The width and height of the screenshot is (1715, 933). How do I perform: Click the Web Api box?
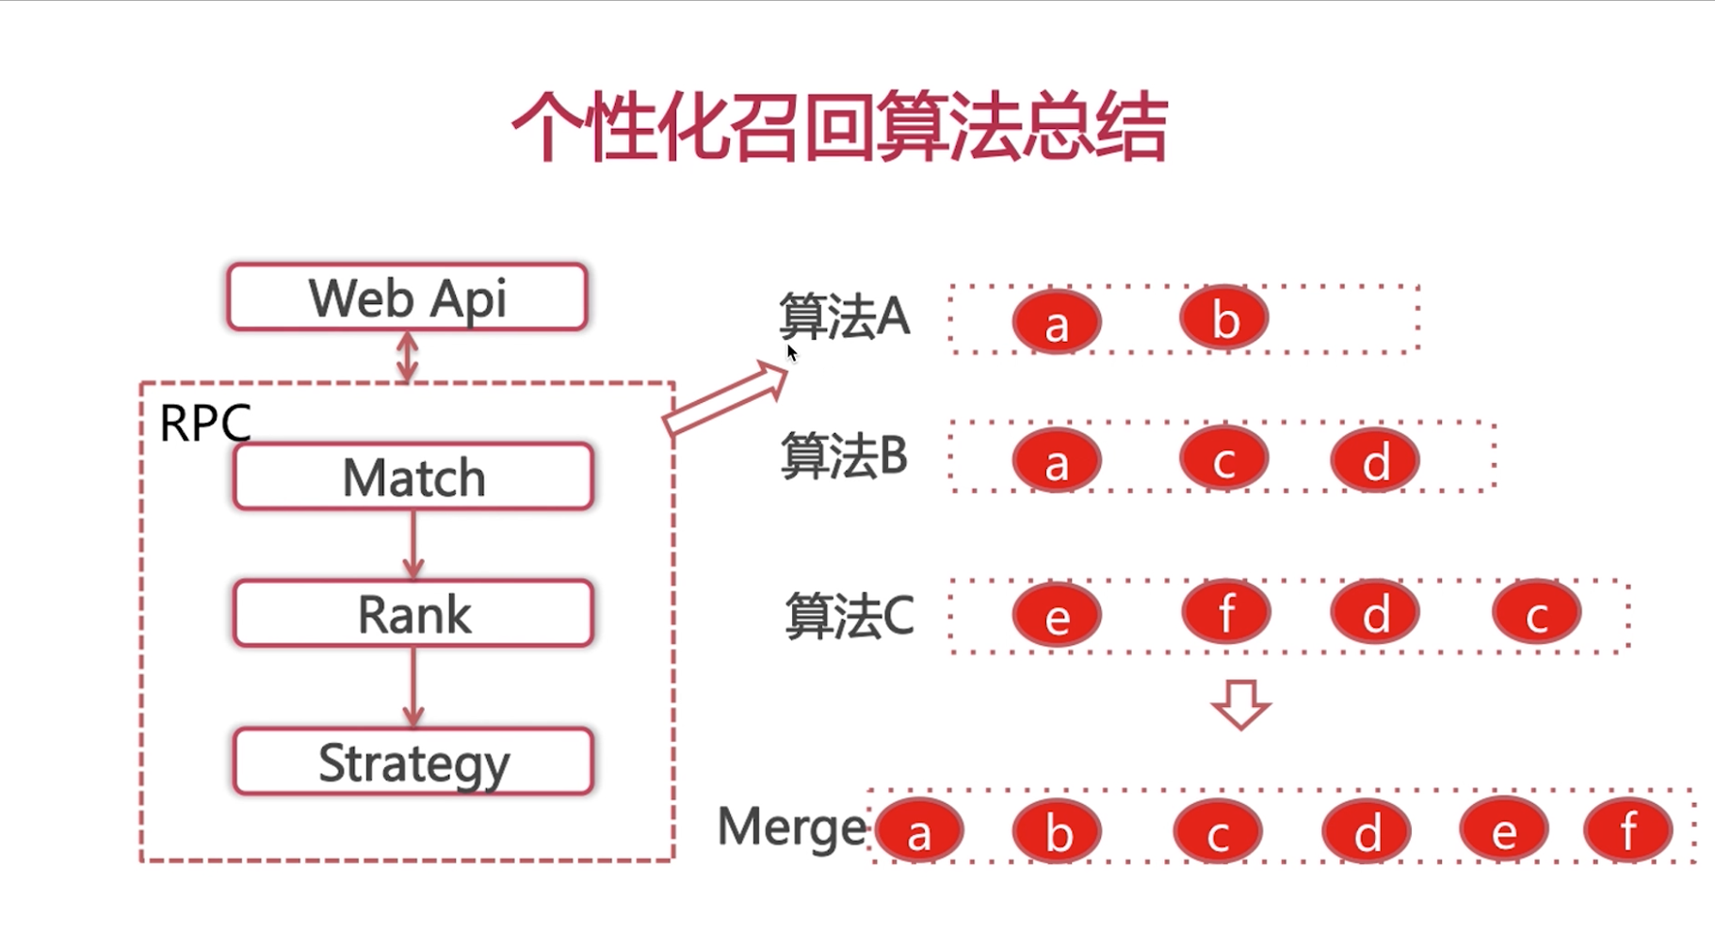tap(407, 298)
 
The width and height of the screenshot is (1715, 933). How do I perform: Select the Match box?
tap(413, 476)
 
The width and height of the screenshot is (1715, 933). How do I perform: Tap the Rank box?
tap(413, 614)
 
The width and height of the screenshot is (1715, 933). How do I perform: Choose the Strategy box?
tap(413, 761)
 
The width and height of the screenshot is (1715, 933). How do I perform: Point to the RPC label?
tap(204, 423)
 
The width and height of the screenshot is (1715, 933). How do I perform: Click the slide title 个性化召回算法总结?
tap(839, 127)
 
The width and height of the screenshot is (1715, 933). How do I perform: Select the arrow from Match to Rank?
tap(413, 544)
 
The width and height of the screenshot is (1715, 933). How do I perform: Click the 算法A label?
tap(844, 316)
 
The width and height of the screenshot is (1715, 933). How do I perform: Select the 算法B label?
tap(844, 457)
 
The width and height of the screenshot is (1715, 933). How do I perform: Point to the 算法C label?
tap(849, 617)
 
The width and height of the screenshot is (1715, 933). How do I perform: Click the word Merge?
tap(791, 828)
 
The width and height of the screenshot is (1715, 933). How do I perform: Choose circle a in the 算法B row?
tap(1057, 461)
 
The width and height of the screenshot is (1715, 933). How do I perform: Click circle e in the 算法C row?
tap(1057, 616)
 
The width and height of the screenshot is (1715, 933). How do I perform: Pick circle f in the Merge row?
tap(1627, 830)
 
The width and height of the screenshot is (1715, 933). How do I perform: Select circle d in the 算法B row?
tap(1375, 460)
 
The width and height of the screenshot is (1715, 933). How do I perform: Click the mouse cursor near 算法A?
tap(791, 352)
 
